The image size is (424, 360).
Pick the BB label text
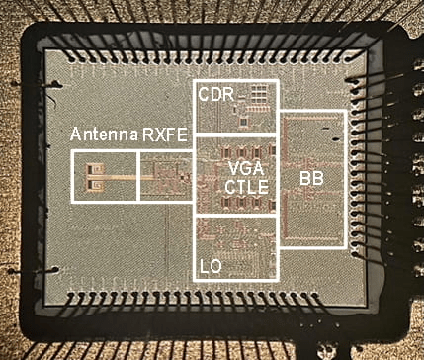tap(312, 179)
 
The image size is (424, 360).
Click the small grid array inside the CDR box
tap(258, 95)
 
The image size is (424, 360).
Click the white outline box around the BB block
tap(344, 179)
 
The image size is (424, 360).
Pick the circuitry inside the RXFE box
tap(164, 179)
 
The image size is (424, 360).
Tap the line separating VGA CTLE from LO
tap(236, 217)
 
